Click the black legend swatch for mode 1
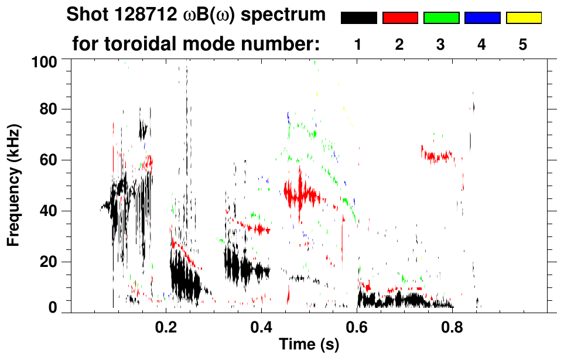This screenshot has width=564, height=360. click(x=358, y=18)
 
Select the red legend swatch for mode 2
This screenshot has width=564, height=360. click(x=400, y=18)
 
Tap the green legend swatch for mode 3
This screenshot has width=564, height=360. click(x=441, y=18)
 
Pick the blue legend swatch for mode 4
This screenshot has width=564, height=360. click(x=482, y=18)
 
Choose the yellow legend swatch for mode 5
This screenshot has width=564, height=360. click(x=524, y=18)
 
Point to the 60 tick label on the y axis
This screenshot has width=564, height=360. click(x=50, y=160)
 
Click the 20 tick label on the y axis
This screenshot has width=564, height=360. click(x=50, y=262)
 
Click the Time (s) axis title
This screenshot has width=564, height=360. click(x=309, y=345)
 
